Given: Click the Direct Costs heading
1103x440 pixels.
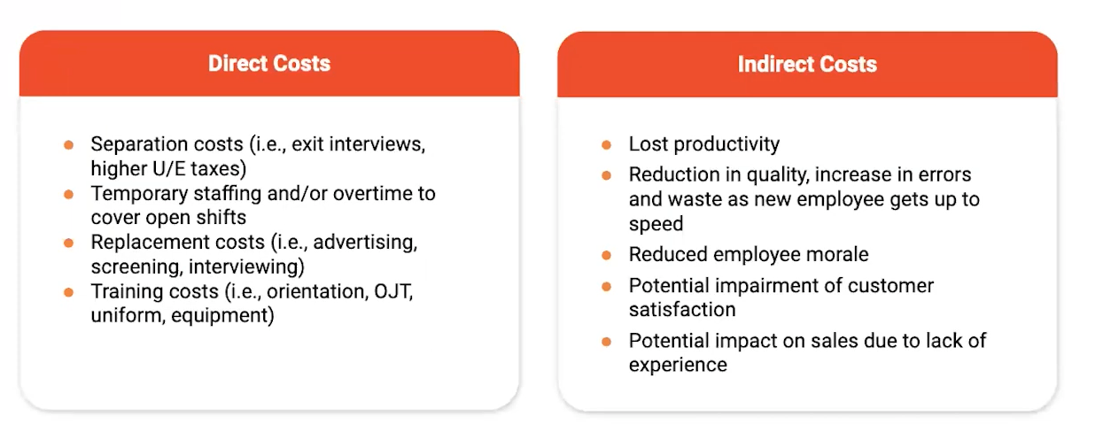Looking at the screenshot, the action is pyautogui.click(x=268, y=64).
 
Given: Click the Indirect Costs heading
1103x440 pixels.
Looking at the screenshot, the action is pyautogui.click(x=807, y=65).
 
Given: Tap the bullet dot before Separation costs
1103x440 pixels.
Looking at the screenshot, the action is pyautogui.click(x=69, y=144).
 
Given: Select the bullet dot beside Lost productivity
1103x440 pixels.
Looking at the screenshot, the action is pyautogui.click(x=607, y=144).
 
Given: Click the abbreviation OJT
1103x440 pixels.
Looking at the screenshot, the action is pyautogui.click(x=393, y=291).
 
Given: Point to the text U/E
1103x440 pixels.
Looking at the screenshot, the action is pyautogui.click(x=169, y=169).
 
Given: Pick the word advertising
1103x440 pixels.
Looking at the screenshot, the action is pyautogui.click(x=365, y=243).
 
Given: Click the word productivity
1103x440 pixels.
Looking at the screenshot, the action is pyautogui.click(x=726, y=144).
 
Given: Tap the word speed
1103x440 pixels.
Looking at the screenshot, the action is pyautogui.click(x=656, y=225).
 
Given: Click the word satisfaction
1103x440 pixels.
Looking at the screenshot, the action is pyautogui.click(x=682, y=310).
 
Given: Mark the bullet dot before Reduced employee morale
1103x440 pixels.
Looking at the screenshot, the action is pyautogui.click(x=607, y=256).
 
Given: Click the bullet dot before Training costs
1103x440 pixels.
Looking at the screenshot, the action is pyautogui.click(x=69, y=292).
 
